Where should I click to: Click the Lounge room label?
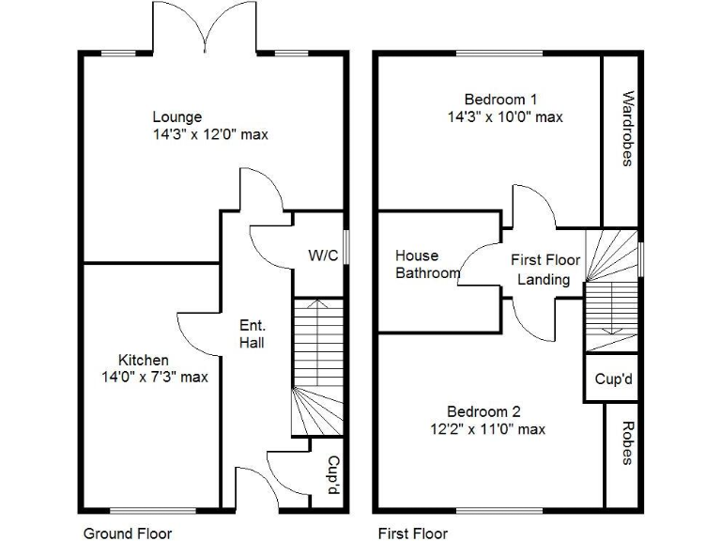pos(177,117)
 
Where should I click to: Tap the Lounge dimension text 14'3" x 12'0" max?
pos(210,134)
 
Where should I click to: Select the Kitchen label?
pos(144,361)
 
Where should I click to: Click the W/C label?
pos(323,255)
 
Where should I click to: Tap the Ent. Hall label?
pos(252,333)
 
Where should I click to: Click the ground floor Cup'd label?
pos(331,476)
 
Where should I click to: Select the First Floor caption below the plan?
pos(413,533)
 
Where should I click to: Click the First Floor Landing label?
pos(545,270)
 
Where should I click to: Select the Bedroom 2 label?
pos(483,411)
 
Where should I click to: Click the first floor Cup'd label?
pos(612,380)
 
